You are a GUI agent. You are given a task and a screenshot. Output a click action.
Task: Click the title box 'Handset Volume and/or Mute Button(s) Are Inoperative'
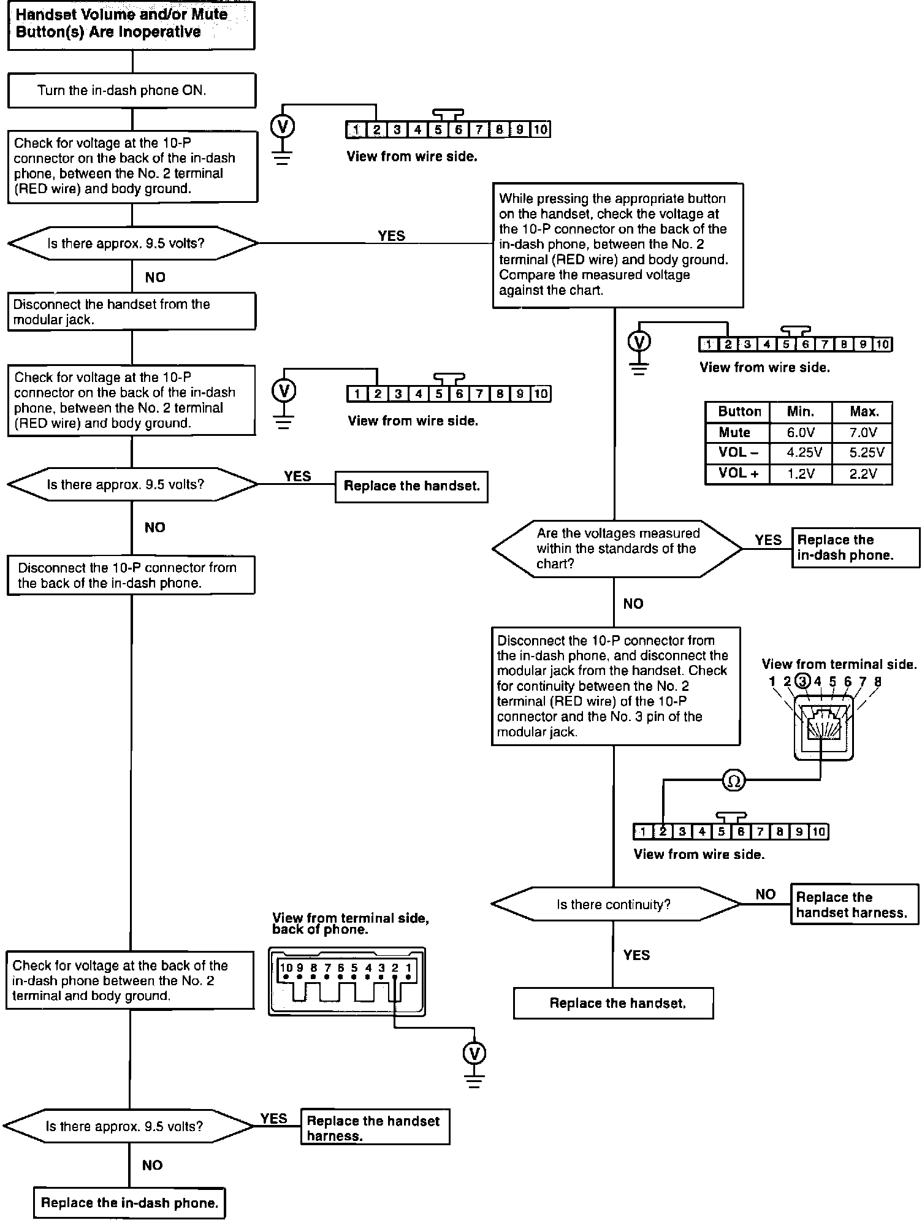point(131,25)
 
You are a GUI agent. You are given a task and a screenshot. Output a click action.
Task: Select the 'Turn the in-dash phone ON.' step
point(131,91)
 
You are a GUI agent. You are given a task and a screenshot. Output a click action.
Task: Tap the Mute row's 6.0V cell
point(800,433)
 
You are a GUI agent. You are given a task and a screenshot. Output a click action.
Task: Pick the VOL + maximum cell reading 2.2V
point(863,473)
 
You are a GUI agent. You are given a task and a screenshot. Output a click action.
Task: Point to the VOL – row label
point(737,453)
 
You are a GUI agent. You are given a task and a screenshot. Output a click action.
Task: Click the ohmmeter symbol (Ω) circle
point(734,780)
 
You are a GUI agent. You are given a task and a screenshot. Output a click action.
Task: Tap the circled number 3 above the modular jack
point(802,681)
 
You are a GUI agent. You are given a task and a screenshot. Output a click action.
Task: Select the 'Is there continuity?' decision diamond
point(614,904)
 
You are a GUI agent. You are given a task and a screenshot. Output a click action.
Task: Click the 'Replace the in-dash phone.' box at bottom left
point(129,1203)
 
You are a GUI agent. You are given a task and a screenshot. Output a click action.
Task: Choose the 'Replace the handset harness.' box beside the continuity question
point(854,905)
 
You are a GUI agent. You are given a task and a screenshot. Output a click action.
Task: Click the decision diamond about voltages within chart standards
point(616,549)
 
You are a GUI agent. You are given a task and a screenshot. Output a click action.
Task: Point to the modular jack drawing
point(823,727)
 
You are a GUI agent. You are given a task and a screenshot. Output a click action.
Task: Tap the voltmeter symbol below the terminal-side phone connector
point(474,1054)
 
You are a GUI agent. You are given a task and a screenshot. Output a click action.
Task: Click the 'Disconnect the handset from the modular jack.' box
point(131,312)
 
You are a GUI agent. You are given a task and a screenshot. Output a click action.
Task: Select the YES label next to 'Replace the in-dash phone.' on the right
point(768,540)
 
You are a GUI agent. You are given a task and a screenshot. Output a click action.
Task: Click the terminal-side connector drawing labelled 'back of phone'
point(347,981)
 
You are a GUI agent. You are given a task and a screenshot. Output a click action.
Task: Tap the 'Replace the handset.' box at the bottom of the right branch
point(614,1004)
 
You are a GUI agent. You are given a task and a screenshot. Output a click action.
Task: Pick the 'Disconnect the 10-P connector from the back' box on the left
point(131,575)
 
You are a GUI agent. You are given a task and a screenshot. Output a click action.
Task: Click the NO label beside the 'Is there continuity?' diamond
point(765,894)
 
